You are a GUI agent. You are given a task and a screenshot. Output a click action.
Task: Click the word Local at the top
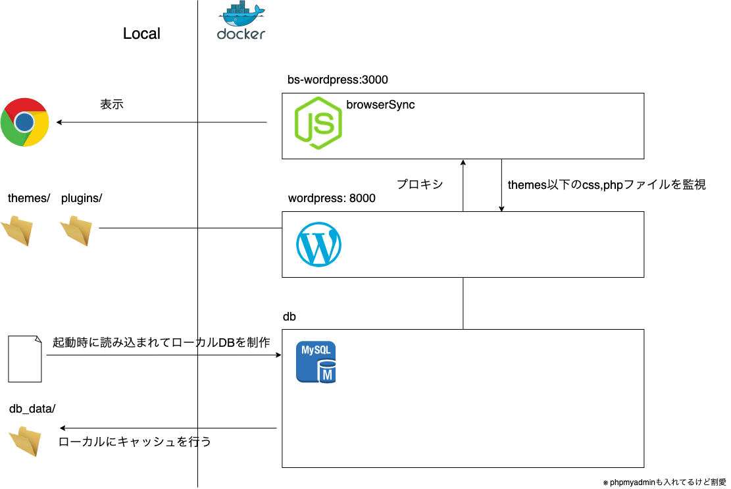tap(141, 34)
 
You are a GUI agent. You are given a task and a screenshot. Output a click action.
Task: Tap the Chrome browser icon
tap(25, 122)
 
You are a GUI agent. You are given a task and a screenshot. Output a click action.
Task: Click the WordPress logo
tap(319, 244)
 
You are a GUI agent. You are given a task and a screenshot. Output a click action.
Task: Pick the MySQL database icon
tap(316, 362)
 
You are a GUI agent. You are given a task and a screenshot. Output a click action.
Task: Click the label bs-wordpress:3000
tap(338, 80)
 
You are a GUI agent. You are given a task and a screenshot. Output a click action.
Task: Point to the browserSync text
tap(380, 105)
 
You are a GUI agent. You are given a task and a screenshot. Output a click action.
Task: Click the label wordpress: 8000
tap(332, 198)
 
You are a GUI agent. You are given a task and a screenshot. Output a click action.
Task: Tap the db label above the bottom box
tap(289, 317)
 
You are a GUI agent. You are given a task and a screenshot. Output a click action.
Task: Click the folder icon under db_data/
tap(26, 440)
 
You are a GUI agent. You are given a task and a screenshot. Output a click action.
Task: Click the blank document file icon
tap(25, 359)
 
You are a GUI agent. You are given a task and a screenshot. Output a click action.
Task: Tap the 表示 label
tap(112, 104)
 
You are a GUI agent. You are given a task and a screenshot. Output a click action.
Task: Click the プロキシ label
tap(419, 185)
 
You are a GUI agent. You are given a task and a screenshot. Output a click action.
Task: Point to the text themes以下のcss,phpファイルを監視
tap(607, 185)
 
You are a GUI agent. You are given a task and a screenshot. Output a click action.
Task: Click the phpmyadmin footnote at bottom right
tap(664, 482)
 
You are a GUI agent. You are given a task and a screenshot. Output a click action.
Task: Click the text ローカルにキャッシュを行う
tap(136, 442)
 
